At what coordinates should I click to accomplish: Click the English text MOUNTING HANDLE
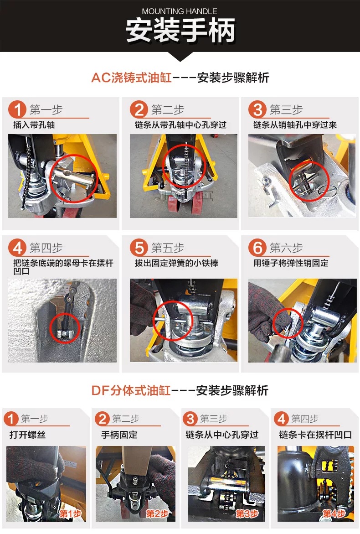coord(180,11)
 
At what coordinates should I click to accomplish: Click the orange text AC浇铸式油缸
coord(131,78)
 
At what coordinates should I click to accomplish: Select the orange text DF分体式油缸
coord(131,390)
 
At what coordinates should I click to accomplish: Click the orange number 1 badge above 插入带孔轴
coord(18,110)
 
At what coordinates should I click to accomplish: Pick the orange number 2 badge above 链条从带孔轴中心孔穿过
coord(139,110)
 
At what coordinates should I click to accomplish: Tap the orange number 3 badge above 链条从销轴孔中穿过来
coord(258,110)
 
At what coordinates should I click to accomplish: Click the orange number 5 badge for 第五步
coord(139,249)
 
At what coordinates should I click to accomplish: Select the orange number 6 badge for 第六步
coord(258,249)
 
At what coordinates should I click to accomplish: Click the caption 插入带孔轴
coord(34,124)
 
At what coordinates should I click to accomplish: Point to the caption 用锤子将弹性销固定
coord(291,263)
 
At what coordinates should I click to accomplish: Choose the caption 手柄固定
coord(119,435)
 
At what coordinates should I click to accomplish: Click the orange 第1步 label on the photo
coord(70,514)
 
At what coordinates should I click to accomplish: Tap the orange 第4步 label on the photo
coord(334,514)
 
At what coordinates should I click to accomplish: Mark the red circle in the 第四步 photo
coord(65,327)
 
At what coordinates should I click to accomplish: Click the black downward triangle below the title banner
coord(180,57)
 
